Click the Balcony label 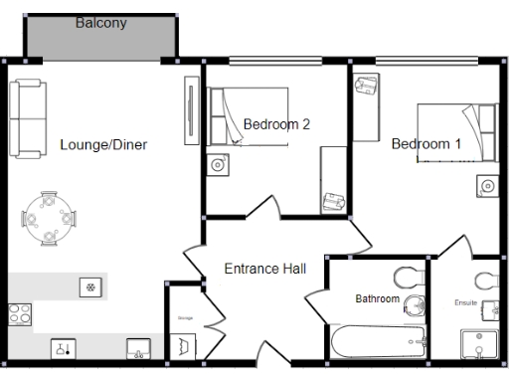pyautogui.click(x=101, y=23)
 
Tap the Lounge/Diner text pyautogui.click(x=103, y=145)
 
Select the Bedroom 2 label pyautogui.click(x=277, y=124)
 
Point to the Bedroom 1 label pyautogui.click(x=425, y=144)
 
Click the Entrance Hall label pyautogui.click(x=264, y=269)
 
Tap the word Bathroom pyautogui.click(x=378, y=298)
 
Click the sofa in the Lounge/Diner pyautogui.click(x=27, y=118)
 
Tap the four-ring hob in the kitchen pyautogui.click(x=20, y=315)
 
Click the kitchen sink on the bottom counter pyautogui.click(x=138, y=348)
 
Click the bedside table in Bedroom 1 pyautogui.click(x=486, y=185)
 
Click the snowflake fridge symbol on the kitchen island pyautogui.click(x=89, y=287)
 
